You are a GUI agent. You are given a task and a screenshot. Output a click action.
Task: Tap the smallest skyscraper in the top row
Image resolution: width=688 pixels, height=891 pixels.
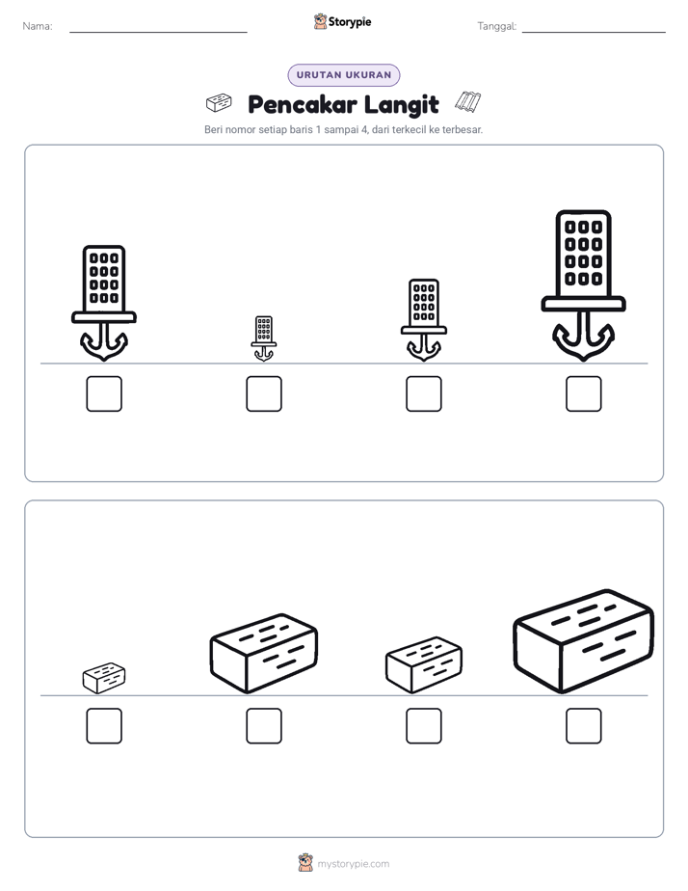[x=264, y=338]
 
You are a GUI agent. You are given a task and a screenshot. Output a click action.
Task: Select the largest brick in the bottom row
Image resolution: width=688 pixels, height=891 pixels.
[x=584, y=641]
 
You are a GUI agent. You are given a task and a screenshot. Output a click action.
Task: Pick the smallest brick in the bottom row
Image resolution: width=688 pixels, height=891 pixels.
[x=104, y=677]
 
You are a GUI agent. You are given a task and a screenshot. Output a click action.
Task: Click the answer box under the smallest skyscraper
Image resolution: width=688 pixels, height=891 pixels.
[x=264, y=393]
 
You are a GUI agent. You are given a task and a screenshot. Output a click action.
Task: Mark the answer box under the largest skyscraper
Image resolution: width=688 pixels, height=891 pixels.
[x=584, y=393]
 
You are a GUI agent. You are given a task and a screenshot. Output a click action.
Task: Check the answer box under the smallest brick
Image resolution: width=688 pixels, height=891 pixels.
[x=104, y=726]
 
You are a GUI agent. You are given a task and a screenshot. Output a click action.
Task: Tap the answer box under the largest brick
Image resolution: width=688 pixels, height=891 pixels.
[x=584, y=726]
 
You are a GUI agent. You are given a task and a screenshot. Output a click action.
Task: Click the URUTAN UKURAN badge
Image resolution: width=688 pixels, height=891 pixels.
[x=344, y=75]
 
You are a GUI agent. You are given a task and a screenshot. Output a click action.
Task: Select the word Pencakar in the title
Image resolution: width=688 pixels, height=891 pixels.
[x=303, y=104]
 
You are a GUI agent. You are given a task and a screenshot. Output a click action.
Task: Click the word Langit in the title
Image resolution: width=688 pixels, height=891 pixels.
[x=401, y=105]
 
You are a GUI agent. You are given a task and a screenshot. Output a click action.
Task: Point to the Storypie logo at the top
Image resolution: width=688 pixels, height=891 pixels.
[x=342, y=21]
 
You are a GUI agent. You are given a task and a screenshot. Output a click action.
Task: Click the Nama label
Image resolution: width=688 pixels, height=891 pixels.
[x=38, y=26]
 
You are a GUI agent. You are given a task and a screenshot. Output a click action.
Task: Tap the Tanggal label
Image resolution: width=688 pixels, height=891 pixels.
[x=496, y=26]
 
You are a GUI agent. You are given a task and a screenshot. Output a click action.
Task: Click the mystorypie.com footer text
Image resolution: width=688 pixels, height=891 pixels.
[x=353, y=864]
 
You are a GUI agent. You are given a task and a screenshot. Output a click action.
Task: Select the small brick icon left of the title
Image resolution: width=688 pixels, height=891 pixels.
[x=219, y=103]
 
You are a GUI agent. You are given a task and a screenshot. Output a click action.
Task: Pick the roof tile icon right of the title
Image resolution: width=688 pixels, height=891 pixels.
[x=468, y=101]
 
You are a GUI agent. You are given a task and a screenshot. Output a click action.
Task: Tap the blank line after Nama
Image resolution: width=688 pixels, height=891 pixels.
[x=158, y=32]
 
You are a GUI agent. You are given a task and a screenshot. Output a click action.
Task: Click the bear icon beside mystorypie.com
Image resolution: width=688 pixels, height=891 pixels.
[x=305, y=863]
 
